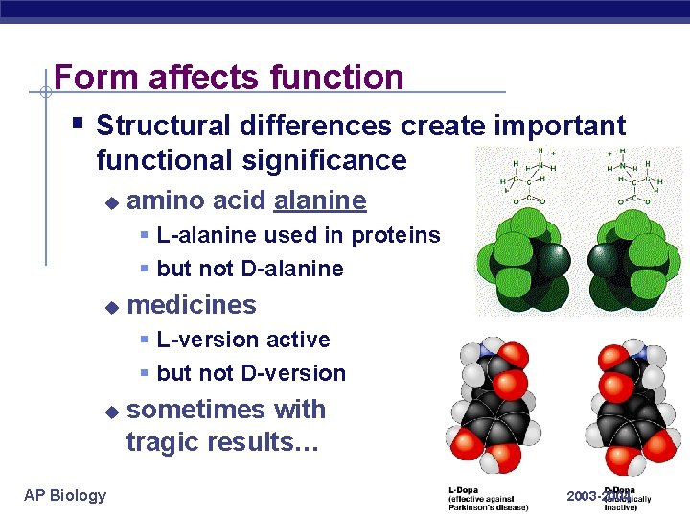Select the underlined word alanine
click(x=320, y=200)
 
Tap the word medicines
click(x=192, y=305)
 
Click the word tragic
click(x=165, y=442)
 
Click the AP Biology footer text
click(x=65, y=495)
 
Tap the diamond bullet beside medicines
click(x=111, y=307)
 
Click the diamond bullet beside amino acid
click(x=111, y=202)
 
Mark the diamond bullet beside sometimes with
click(x=111, y=412)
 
